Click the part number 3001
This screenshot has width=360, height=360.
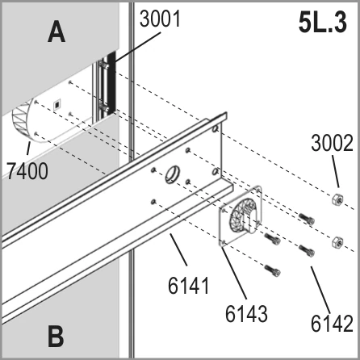click(160, 19)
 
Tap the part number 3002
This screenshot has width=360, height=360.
click(332, 143)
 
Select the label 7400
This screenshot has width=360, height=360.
click(27, 171)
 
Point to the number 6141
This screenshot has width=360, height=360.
click(189, 286)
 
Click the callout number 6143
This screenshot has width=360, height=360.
click(246, 314)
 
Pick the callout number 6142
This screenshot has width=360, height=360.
click(332, 324)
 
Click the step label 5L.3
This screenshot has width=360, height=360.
click(323, 23)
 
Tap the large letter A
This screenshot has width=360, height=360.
click(57, 32)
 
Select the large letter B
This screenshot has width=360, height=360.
click(56, 336)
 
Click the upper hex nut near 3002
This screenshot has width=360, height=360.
click(337, 199)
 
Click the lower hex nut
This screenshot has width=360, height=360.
click(337, 242)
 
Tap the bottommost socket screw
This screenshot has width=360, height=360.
click(273, 270)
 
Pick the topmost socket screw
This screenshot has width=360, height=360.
click(307, 219)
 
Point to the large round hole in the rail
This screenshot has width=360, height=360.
click(172, 174)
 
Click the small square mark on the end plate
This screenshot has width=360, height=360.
click(57, 104)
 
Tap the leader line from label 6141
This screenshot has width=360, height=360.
click(178, 249)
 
